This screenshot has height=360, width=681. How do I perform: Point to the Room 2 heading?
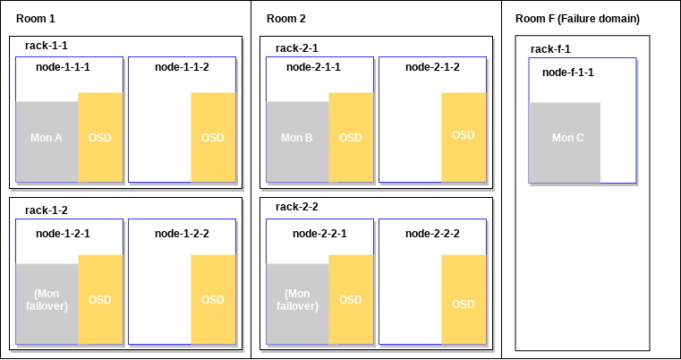285,19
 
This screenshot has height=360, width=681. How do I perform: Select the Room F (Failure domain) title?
577,19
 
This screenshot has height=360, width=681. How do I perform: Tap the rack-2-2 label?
297,207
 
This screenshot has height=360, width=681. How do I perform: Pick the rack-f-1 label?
550,49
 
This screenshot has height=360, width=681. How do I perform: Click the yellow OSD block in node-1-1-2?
213,137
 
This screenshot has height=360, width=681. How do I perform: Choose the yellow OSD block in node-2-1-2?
464,135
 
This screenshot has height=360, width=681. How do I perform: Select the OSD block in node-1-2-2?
213,299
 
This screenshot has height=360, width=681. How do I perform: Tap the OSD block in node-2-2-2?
464,304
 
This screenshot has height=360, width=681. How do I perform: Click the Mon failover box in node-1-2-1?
47,304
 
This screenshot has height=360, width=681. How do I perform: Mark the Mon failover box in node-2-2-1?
297,304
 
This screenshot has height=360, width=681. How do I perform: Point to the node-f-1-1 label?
567,72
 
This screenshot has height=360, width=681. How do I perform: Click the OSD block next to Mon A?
100,137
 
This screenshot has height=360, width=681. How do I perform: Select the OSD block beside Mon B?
351,137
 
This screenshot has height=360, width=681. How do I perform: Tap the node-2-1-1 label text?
313,66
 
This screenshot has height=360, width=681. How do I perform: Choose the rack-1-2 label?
47,210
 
